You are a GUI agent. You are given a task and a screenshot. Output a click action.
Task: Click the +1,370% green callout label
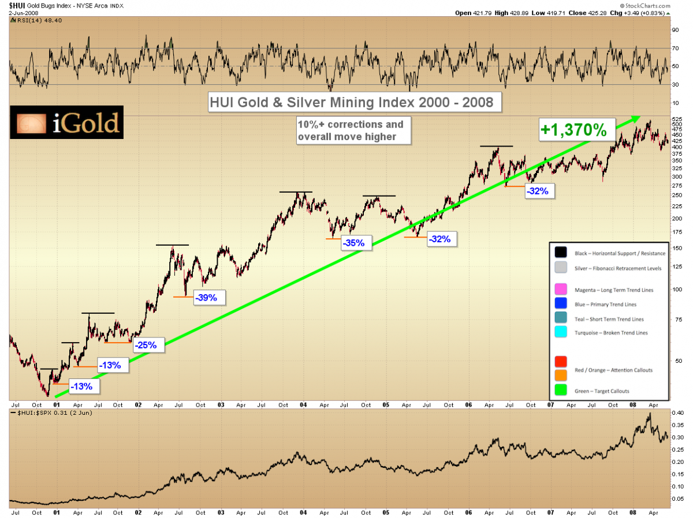tap(574, 130)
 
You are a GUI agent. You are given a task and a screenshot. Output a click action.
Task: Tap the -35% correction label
tap(353, 243)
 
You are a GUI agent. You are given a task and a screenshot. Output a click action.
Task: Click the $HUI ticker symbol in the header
tap(16, 5)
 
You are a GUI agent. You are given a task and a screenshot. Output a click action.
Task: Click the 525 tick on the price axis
tap(678, 118)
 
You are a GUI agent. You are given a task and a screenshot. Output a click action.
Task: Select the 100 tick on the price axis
tap(677, 289)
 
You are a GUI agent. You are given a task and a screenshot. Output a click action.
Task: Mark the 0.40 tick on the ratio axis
tap(677, 413)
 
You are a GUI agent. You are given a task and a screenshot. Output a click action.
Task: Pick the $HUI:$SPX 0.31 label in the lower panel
tap(46, 413)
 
